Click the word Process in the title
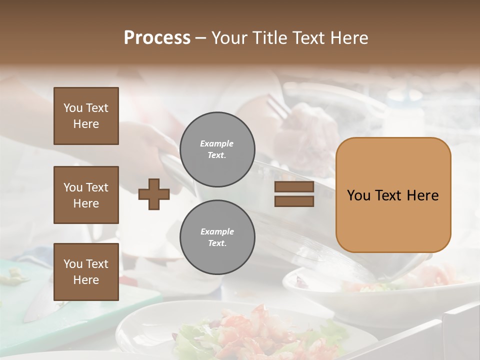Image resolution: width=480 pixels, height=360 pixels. click(x=157, y=37)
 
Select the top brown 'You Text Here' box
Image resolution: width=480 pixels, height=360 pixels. click(x=86, y=116)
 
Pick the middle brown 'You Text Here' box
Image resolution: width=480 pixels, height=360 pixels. click(x=86, y=195)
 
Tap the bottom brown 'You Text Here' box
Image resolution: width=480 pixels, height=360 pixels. click(x=86, y=272)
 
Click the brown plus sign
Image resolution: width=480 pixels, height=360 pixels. click(x=154, y=194)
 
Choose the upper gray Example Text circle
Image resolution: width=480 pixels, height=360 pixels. click(x=217, y=149)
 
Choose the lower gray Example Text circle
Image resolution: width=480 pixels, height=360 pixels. click(x=217, y=237)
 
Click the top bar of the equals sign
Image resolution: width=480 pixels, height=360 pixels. click(x=294, y=187)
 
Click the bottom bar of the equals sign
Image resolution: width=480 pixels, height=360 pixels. click(x=294, y=201)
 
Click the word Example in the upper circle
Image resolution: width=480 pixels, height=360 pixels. click(x=216, y=143)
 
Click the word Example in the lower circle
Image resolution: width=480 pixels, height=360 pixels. click(x=217, y=231)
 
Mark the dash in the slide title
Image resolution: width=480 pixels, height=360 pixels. click(x=200, y=38)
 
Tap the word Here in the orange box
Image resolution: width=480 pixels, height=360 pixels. click(x=422, y=195)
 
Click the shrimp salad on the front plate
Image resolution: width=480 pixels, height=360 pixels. click(x=245, y=330)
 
